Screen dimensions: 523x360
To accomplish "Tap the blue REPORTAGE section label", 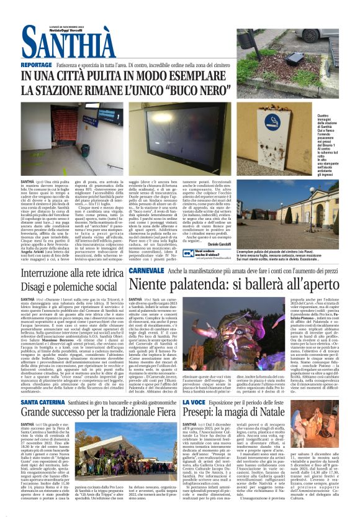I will point(36,65).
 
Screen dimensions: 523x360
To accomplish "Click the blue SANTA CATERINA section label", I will point(42,402).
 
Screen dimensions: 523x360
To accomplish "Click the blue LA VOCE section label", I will point(194,402).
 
